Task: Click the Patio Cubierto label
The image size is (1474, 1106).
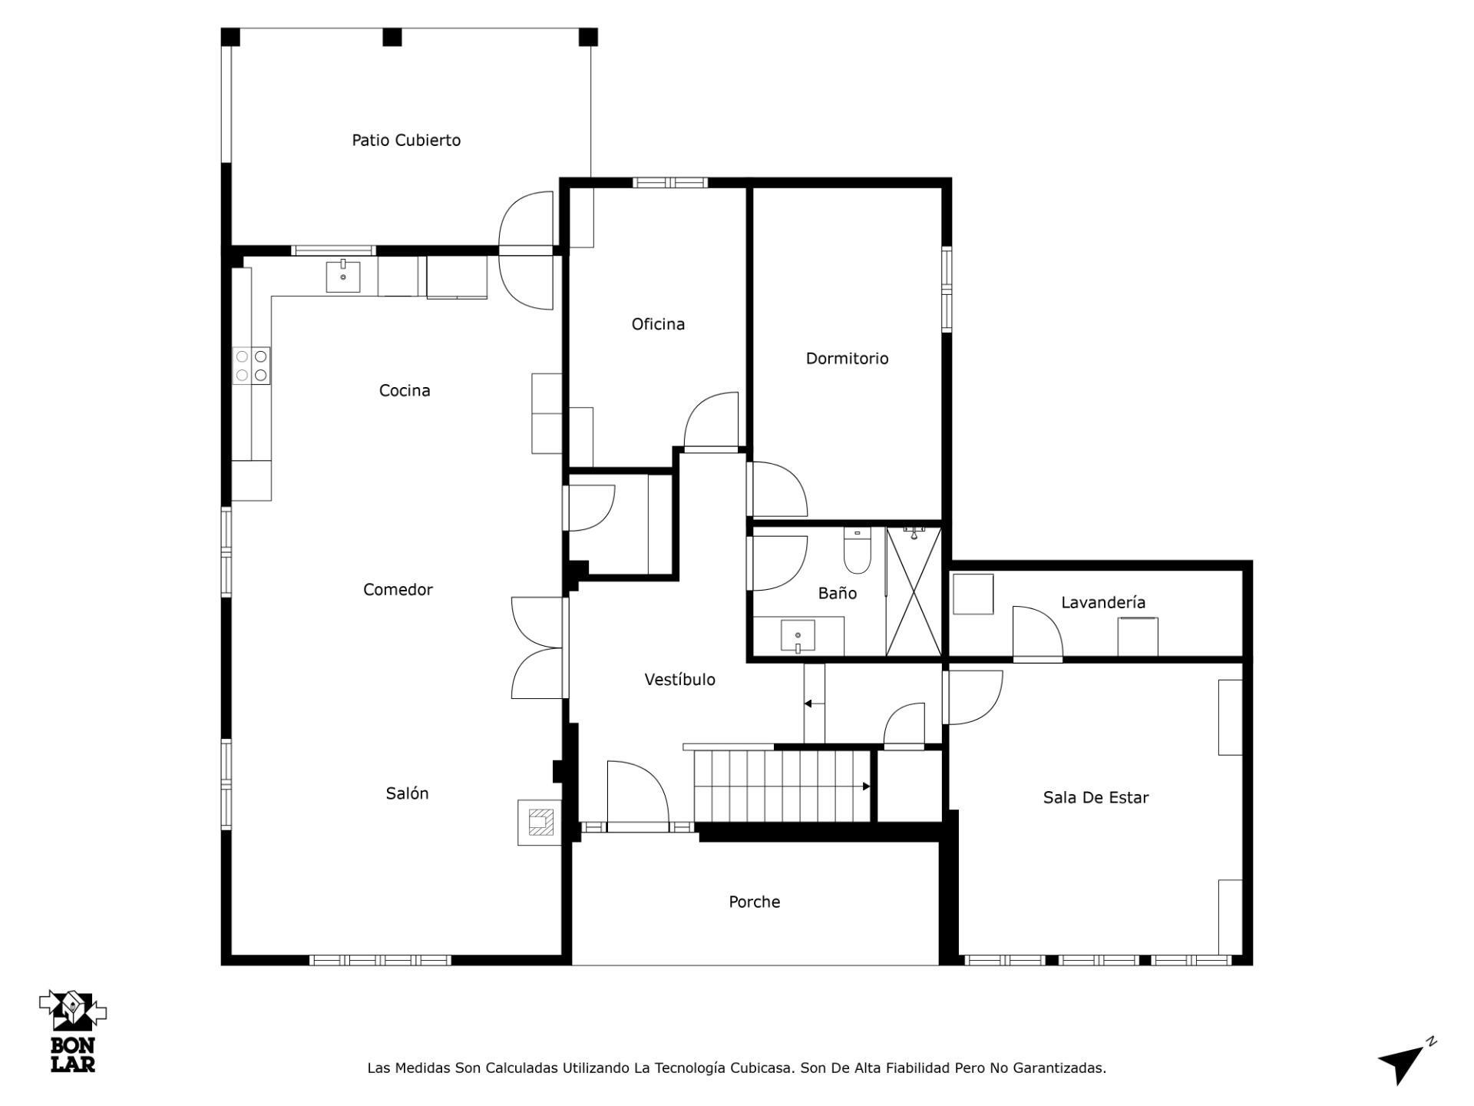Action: click(x=406, y=140)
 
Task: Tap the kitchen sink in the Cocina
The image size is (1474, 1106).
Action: click(x=343, y=276)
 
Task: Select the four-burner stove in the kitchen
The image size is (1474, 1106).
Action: click(x=252, y=365)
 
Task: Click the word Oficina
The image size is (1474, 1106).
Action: click(x=658, y=324)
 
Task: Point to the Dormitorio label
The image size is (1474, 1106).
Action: click(x=847, y=358)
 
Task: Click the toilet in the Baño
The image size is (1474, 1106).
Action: click(x=858, y=551)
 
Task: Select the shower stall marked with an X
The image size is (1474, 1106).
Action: click(x=914, y=591)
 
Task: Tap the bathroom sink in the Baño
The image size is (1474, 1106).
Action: click(x=798, y=636)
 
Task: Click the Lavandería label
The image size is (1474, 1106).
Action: click(x=1103, y=603)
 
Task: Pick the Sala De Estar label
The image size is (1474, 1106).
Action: click(x=1096, y=797)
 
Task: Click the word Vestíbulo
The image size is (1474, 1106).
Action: click(x=679, y=679)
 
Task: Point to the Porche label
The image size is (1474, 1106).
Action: click(x=754, y=902)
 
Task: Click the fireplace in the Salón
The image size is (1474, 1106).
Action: click(x=540, y=823)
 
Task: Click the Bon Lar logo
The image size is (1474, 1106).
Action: click(x=73, y=1031)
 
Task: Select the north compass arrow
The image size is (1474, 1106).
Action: click(x=1406, y=1061)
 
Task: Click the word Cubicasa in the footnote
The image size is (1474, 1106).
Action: click(x=761, y=1068)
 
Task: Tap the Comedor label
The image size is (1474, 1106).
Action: click(x=398, y=589)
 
